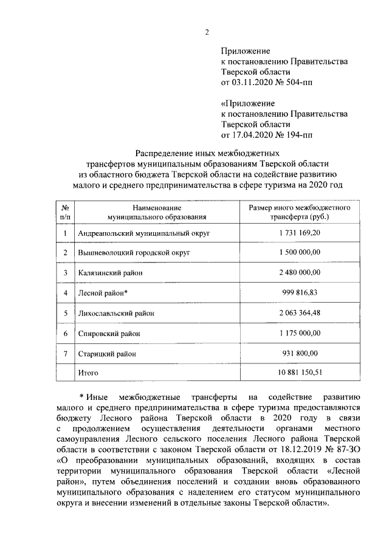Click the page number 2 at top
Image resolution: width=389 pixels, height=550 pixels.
(207, 32)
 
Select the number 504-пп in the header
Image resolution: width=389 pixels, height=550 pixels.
(300, 82)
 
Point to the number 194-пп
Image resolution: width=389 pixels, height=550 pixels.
(300, 134)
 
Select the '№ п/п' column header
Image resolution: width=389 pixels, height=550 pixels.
(65, 211)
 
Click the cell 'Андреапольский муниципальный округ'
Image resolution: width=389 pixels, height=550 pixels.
(144, 233)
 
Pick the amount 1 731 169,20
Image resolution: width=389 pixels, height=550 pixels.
(300, 233)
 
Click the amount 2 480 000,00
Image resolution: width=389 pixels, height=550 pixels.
(300, 272)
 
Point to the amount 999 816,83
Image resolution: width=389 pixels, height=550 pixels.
(300, 292)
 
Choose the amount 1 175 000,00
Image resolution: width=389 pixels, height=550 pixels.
(300, 333)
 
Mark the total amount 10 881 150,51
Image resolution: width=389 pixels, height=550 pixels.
(300, 372)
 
